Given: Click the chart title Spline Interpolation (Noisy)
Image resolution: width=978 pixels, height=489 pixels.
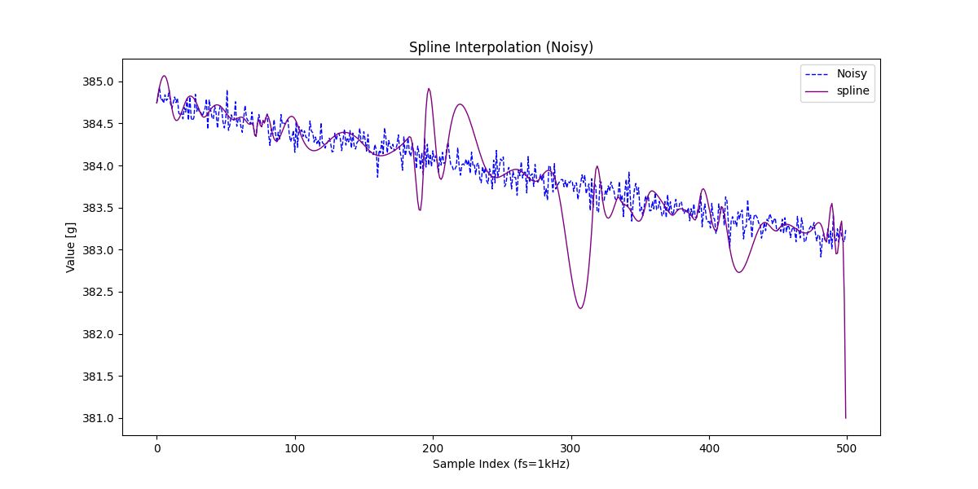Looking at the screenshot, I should (500, 47).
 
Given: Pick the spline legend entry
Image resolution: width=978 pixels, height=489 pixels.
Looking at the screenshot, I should (853, 90).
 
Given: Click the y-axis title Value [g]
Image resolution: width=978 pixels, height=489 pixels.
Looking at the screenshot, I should (71, 247).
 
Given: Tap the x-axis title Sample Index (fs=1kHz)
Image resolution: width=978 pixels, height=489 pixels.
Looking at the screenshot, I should (500, 464).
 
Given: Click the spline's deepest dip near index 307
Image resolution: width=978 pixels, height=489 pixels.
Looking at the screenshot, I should (580, 308).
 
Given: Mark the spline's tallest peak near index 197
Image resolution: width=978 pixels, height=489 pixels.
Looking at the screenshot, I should (429, 89).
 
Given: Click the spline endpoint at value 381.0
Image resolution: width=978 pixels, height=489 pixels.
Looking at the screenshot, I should (846, 418).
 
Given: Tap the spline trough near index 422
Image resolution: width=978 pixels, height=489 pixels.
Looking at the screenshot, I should (739, 272).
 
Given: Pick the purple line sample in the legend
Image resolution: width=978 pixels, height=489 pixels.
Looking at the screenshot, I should (815, 90).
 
